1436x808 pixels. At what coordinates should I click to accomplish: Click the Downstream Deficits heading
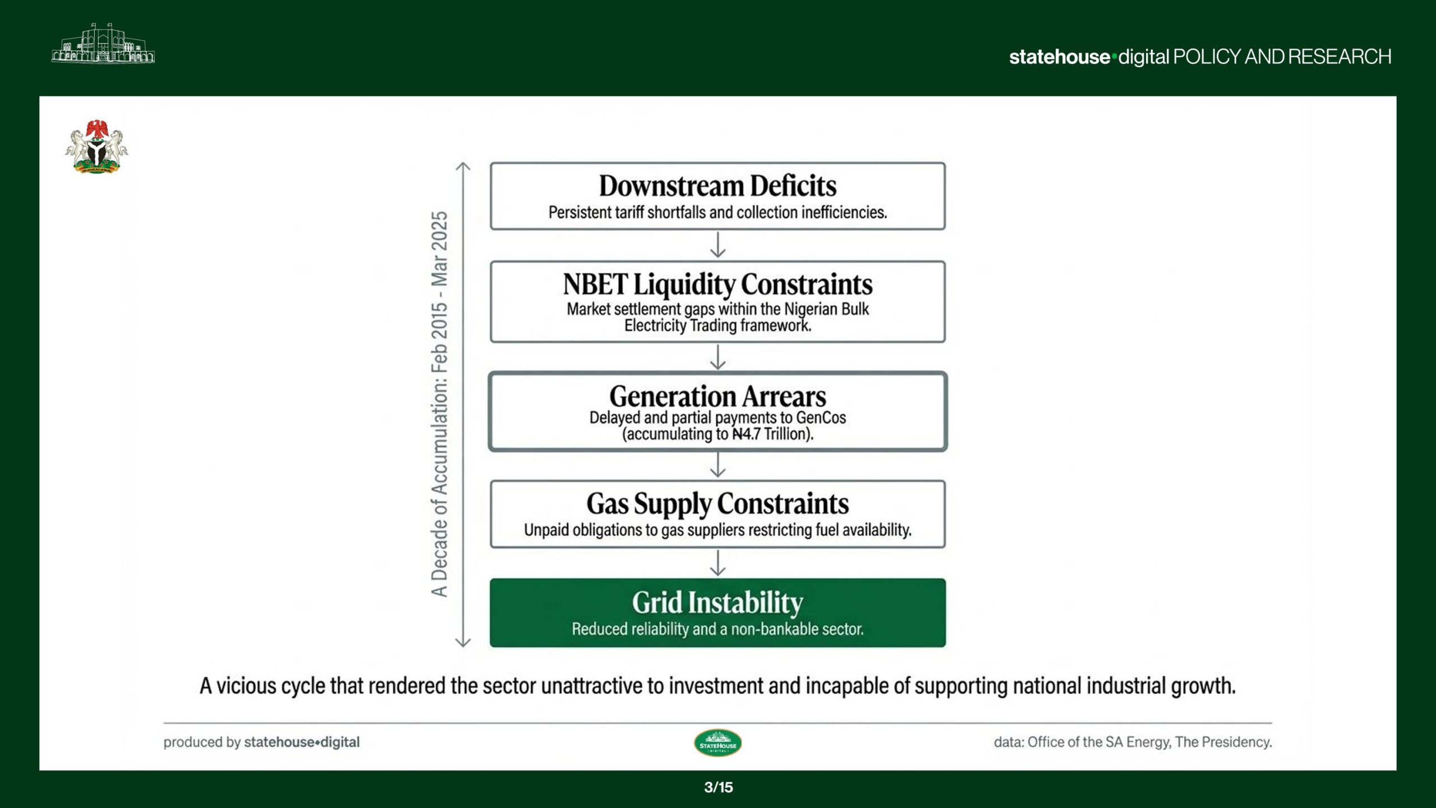(x=717, y=186)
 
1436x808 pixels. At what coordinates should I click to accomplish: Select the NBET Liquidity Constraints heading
(x=717, y=284)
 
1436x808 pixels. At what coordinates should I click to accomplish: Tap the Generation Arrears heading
(x=717, y=396)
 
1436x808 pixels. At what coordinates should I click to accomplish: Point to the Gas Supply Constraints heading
(x=717, y=504)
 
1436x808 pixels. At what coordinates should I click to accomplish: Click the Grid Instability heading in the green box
(x=717, y=603)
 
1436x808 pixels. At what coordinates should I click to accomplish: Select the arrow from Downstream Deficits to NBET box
(x=718, y=245)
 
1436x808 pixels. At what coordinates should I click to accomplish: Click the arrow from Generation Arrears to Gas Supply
(x=718, y=465)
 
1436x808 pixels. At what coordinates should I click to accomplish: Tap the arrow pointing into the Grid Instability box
(x=718, y=563)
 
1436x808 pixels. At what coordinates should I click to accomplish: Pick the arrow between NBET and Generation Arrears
(x=718, y=356)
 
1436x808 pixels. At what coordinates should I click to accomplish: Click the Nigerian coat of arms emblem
(x=96, y=146)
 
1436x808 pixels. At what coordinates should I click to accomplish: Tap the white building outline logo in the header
(x=103, y=43)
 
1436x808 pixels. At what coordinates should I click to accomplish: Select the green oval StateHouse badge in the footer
(x=718, y=743)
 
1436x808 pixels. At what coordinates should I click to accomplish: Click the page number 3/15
(x=719, y=787)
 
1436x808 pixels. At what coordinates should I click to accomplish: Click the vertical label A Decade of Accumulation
(x=439, y=404)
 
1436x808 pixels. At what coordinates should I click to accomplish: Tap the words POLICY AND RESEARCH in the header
(x=1282, y=57)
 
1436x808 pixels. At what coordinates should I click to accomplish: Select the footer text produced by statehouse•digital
(x=261, y=742)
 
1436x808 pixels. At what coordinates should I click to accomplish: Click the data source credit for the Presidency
(x=1133, y=742)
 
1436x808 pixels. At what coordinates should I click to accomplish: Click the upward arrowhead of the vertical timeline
(x=463, y=167)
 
